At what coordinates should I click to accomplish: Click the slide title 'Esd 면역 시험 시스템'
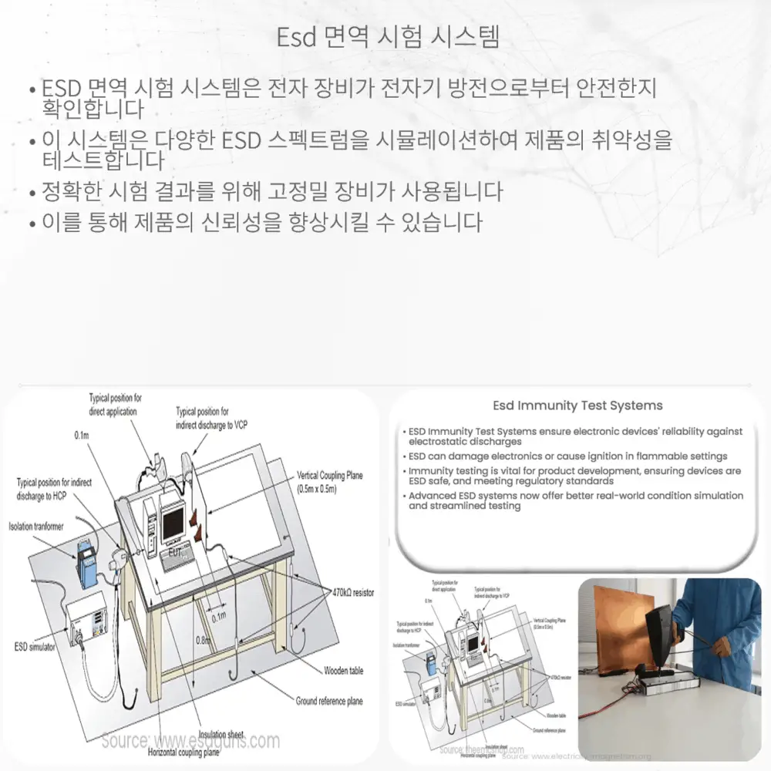pos(388,36)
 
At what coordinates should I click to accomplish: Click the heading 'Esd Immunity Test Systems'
pos(577,406)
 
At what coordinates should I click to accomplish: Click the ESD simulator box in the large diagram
pos(86,617)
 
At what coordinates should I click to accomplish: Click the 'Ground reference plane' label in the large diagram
pos(329,701)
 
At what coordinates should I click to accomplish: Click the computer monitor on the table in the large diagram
pos(173,521)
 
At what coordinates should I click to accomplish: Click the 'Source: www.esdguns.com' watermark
pos(190,741)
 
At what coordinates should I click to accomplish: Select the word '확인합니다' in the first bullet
pos(93,109)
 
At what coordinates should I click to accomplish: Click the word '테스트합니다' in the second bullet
pos(104,161)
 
